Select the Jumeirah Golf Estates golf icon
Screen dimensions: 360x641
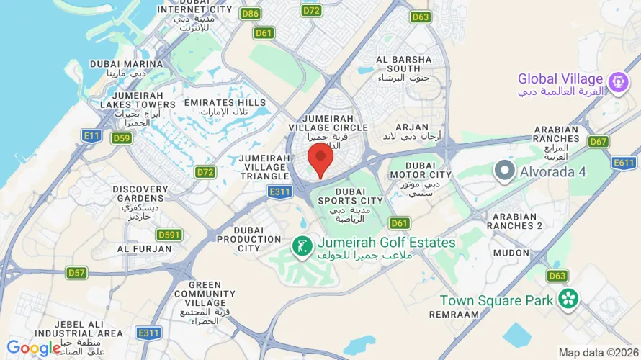pos(301,246)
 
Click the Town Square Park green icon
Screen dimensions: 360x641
pos(568,299)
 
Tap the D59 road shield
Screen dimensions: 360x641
pos(121,138)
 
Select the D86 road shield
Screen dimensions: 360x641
pos(251,13)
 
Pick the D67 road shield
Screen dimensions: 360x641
pos(598,141)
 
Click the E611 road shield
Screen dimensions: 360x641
pos(624,163)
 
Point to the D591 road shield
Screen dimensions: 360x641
pos(169,235)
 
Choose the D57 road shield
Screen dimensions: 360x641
pos(76,272)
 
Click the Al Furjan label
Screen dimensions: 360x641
pos(145,249)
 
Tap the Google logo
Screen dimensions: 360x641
pos(34,348)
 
